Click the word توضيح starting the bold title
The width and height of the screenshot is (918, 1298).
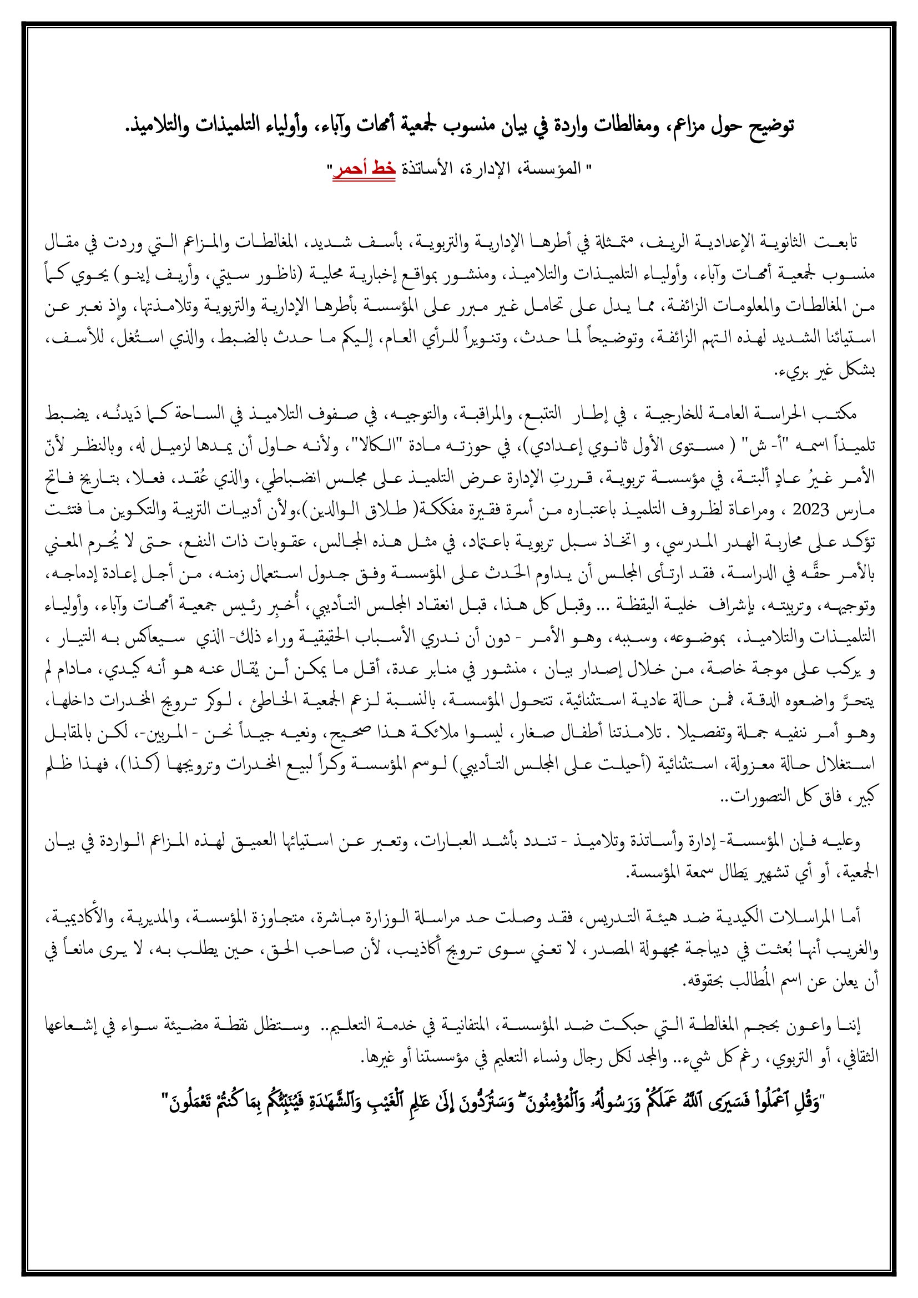(x=771, y=125)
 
